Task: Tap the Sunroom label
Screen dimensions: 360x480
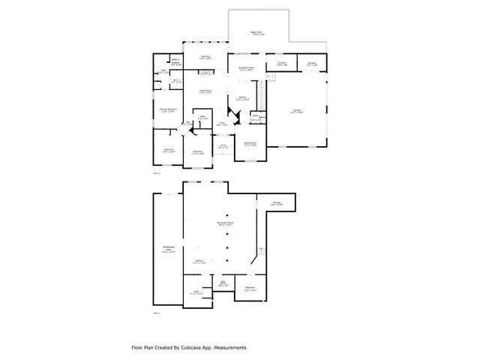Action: pyautogui.click(x=205, y=57)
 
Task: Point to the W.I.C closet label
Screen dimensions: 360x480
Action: pyautogui.click(x=175, y=81)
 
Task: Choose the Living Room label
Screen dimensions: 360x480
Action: pyautogui.click(x=205, y=92)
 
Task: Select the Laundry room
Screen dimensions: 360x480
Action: pyautogui.click(x=281, y=64)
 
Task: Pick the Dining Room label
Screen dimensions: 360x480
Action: pyautogui.click(x=250, y=144)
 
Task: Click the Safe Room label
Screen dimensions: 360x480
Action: pyautogui.click(x=223, y=284)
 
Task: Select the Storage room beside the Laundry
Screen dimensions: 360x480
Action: pyautogui.click(x=311, y=64)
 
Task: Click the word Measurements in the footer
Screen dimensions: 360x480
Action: pyautogui.click(x=230, y=347)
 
